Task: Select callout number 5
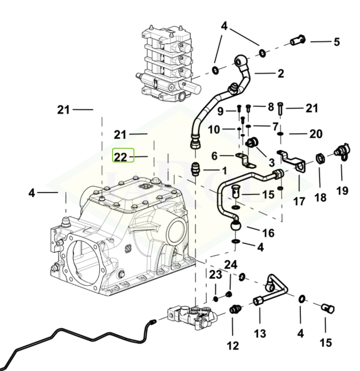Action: [x=336, y=42]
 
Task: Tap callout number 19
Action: [x=342, y=191]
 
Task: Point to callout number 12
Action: [x=233, y=346]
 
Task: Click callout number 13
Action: [x=260, y=334]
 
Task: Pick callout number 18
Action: [x=320, y=197]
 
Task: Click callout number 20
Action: [x=316, y=134]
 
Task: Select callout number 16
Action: [x=268, y=233]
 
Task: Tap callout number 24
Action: [x=231, y=264]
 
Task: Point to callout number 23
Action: [x=215, y=275]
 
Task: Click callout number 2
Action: [x=281, y=73]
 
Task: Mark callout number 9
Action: [x=220, y=111]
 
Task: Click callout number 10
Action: [x=214, y=130]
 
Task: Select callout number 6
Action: [x=214, y=155]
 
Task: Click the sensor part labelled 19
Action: [x=340, y=151]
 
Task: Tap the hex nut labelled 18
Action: [x=320, y=157]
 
